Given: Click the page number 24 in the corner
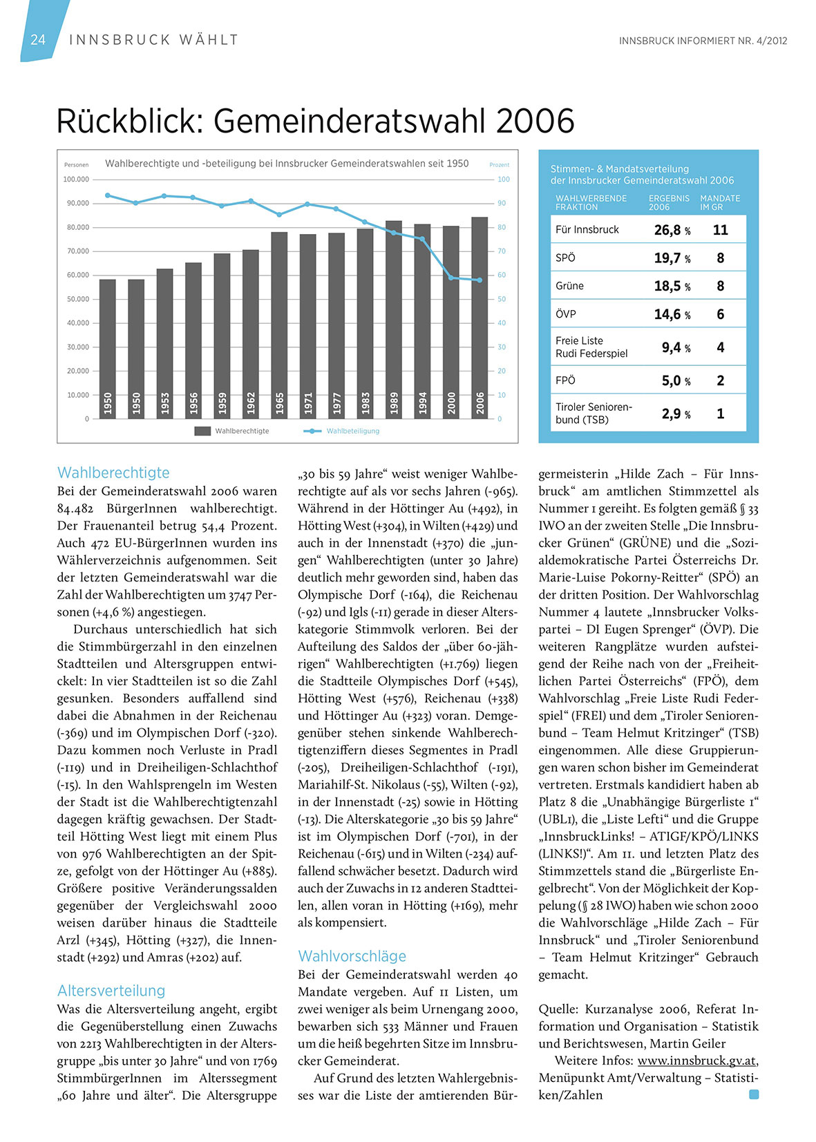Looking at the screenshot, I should coord(38,39).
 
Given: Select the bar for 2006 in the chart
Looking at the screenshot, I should coord(480,318).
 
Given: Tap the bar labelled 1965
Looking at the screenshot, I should coord(279,325).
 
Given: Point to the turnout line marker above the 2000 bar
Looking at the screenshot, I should coord(450,278).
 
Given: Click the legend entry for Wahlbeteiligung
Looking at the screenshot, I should coord(352,431).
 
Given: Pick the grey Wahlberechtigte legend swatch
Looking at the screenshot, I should coord(202,431).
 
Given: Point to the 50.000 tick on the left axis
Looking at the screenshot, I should coord(78,299).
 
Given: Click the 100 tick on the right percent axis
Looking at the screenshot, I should coord(504,180).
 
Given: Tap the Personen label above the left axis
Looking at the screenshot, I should coord(77,165).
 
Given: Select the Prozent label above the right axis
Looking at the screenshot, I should coord(499,165).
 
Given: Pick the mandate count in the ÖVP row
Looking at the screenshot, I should coord(720,314).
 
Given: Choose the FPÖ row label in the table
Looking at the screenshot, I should coord(565,380).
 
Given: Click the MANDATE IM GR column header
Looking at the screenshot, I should coord(719,202).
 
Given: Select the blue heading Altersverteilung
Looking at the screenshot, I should coord(111,991).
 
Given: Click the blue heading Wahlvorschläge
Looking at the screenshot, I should coord(352,956).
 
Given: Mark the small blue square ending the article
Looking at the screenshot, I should coord(754,1094).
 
